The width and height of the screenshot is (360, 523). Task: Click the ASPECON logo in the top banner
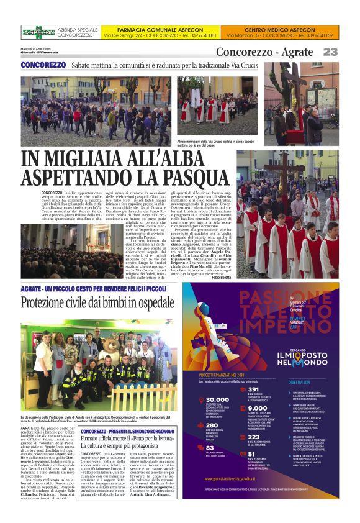(38, 32)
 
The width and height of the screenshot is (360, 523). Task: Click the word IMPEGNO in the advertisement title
(228, 325)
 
